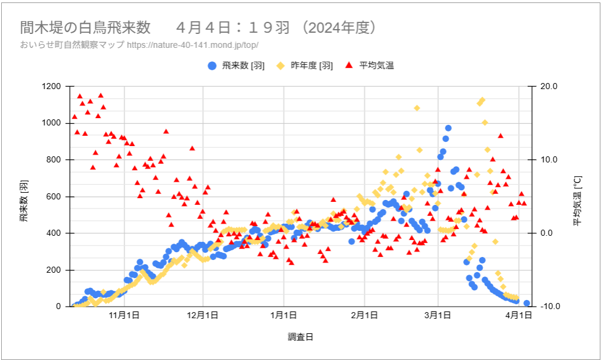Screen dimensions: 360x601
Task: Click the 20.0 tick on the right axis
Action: click(548, 87)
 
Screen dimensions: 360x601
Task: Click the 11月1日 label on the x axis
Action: click(125, 315)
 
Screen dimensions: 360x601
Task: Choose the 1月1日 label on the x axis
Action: click(284, 315)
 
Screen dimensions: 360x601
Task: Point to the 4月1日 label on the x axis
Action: click(519, 315)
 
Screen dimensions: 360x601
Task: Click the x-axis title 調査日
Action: click(300, 337)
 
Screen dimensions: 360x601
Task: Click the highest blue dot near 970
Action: click(448, 128)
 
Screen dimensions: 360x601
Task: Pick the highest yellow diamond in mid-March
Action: click(482, 100)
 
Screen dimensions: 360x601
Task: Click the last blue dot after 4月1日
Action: click(526, 303)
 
